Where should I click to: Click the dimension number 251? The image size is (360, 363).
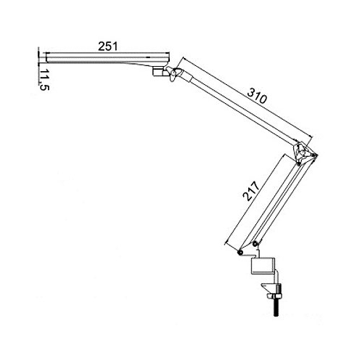coord(107,46)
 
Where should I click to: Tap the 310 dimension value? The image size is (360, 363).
coord(258,95)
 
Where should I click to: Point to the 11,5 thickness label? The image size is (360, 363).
coord(44,80)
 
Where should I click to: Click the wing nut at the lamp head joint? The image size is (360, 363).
coord(173,74)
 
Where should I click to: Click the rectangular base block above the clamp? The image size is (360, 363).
coord(263,266)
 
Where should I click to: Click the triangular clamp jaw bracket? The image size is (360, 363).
coord(268,288)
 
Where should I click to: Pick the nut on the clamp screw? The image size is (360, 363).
coord(274,296)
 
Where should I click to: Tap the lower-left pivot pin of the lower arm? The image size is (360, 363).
coord(240,253)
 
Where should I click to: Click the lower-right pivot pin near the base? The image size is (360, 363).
coord(255,244)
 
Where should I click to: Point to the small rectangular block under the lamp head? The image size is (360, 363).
coord(157,72)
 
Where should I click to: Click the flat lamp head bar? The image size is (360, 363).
coord(107,58)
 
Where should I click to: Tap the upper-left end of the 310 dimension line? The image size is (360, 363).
coord(184,58)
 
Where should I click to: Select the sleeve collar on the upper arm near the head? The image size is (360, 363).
coord(187,76)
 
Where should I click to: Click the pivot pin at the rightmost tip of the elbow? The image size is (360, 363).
coord(314,155)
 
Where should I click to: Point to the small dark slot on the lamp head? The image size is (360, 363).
coord(148,57)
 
